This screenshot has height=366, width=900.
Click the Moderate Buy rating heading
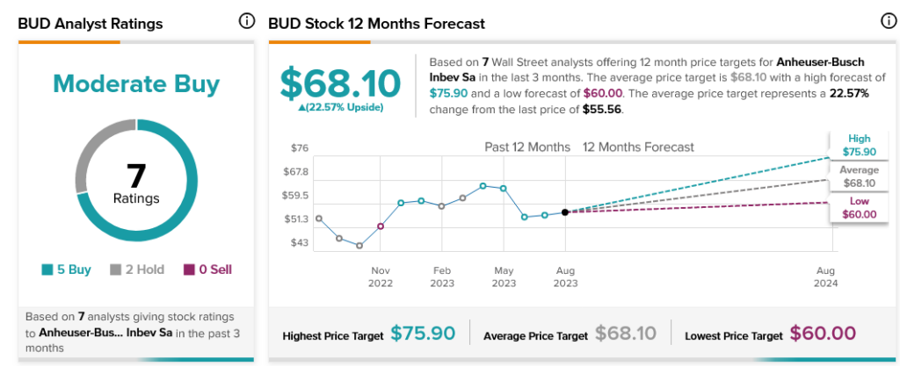click(x=136, y=84)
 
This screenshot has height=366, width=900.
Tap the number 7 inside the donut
click(x=136, y=176)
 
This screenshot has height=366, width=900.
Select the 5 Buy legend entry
click(x=66, y=269)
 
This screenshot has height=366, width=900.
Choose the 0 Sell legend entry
click(x=207, y=269)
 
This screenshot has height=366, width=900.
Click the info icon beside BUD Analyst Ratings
click(x=247, y=21)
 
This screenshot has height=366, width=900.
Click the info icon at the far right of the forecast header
click(x=889, y=21)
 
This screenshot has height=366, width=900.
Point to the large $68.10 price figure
click(x=339, y=84)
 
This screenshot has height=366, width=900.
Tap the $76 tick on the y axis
click(x=300, y=147)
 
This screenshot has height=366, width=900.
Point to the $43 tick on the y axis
click(x=300, y=242)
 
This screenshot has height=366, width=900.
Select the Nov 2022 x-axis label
click(x=380, y=276)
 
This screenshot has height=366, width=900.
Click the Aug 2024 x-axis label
click(x=826, y=276)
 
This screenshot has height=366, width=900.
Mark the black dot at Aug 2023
click(x=564, y=212)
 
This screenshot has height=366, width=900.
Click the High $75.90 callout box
click(x=859, y=145)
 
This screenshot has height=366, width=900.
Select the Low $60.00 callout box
click(x=859, y=207)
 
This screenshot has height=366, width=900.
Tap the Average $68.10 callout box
click(x=859, y=176)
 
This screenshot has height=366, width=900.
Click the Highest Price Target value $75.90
click(x=423, y=334)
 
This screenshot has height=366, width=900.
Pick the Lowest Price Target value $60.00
click(x=823, y=334)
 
